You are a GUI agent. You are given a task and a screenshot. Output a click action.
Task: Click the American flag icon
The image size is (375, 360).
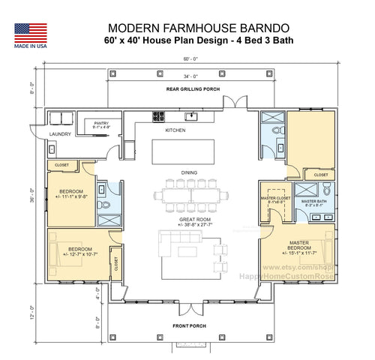point(30,32)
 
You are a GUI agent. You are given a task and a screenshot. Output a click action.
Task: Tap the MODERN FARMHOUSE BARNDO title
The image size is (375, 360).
point(187,28)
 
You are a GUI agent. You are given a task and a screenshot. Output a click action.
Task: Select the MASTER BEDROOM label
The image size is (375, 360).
point(299,247)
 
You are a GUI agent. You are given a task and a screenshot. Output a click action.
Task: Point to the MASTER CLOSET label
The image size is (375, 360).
point(274,199)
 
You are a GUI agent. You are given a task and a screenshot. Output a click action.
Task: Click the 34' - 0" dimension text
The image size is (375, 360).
point(188,76)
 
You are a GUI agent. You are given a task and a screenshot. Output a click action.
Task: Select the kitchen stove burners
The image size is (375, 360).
point(159,116)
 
